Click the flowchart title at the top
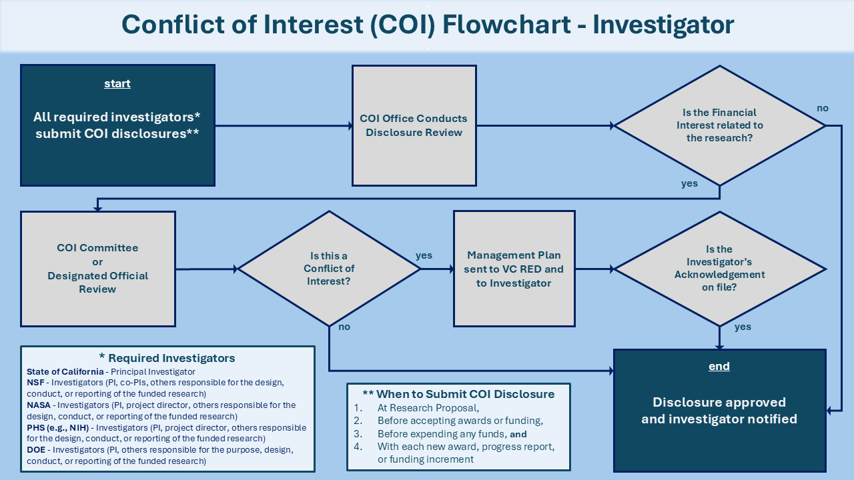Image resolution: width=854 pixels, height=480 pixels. [x=427, y=25]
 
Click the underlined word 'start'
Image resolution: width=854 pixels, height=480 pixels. [x=117, y=83]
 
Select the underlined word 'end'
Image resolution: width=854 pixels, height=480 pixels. [x=719, y=366]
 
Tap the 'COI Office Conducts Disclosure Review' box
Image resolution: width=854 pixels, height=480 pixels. [x=414, y=125]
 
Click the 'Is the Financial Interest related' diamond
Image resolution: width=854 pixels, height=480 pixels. [x=719, y=125]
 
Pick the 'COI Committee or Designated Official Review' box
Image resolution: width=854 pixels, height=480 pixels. [x=97, y=269]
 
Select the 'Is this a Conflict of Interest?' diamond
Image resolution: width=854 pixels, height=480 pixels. [x=329, y=269]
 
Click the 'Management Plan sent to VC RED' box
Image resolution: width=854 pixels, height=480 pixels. [x=514, y=269]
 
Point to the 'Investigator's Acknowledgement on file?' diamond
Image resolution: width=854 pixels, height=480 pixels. [x=719, y=269]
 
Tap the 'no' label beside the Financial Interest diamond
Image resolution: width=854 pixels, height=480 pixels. [x=823, y=108]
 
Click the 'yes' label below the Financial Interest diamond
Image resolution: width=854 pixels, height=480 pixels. [x=689, y=183]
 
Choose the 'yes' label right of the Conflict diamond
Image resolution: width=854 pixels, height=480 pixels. [x=424, y=255]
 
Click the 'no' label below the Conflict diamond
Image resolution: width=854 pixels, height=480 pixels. [x=344, y=327]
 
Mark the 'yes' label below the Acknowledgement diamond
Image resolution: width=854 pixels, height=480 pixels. [x=743, y=327]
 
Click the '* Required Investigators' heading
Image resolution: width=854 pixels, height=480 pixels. [x=167, y=358]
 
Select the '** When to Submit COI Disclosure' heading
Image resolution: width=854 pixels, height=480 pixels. [x=458, y=394]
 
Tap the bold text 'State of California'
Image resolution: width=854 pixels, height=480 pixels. [x=65, y=371]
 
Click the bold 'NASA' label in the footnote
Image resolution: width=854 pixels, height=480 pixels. [x=39, y=405]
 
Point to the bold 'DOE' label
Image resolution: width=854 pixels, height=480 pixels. [x=37, y=449]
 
